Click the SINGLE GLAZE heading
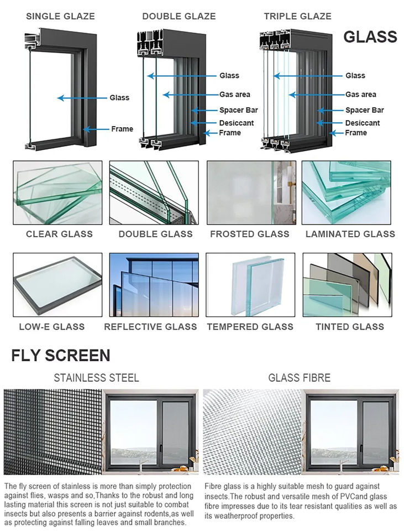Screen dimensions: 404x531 (x=60, y=16)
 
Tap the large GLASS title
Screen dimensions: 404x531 (x=370, y=37)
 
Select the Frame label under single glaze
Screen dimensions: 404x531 (x=122, y=129)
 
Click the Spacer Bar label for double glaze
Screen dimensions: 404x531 (x=239, y=110)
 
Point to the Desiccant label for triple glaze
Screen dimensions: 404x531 (x=363, y=123)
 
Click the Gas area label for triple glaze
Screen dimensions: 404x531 (x=361, y=95)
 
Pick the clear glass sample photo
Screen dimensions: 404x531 (x=57, y=192)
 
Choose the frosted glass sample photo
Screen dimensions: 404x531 (x=251, y=192)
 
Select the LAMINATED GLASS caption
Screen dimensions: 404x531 (x=350, y=234)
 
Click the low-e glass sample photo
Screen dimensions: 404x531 (x=57, y=285)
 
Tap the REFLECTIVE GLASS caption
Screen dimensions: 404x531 (x=150, y=327)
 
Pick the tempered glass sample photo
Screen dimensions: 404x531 (x=250, y=285)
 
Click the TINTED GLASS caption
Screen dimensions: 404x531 (x=350, y=327)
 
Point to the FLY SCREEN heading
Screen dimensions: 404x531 (x=61, y=356)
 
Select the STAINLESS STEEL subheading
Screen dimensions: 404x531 (x=96, y=378)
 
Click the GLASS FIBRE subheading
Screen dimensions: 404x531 (x=300, y=378)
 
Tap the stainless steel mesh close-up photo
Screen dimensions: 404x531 (x=53, y=432)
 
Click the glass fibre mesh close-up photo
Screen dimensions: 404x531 (x=252, y=432)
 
